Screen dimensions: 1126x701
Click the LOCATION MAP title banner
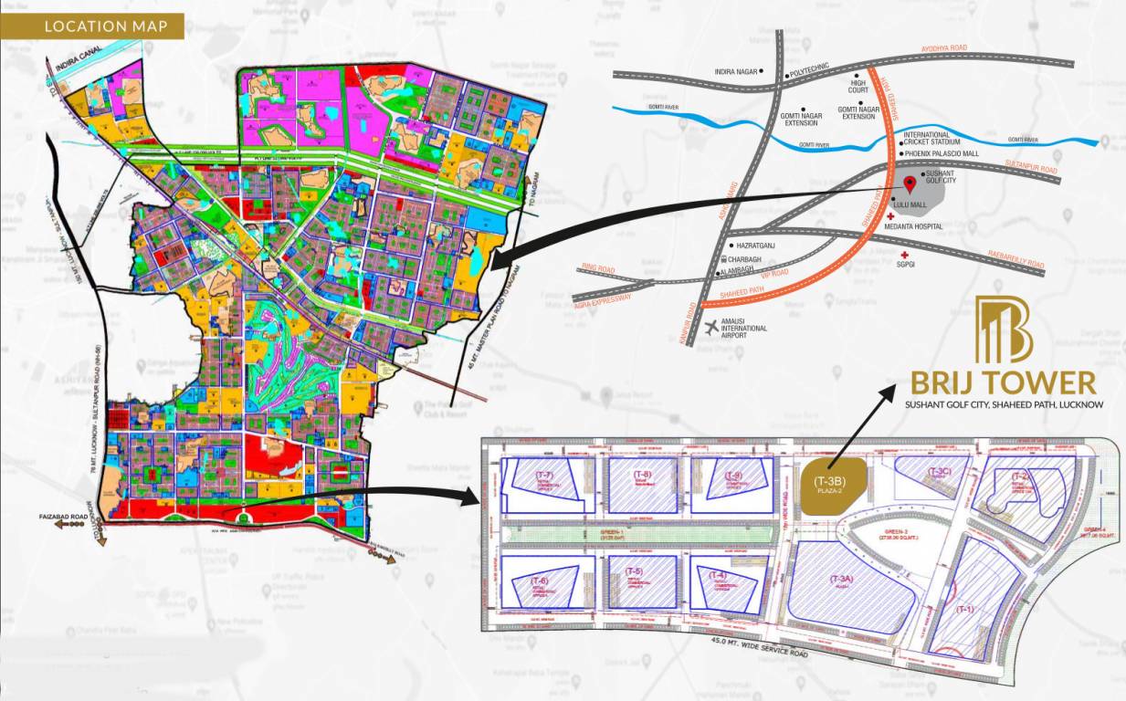pyautogui.click(x=106, y=26)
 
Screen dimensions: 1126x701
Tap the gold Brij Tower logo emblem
pyautogui.click(x=1003, y=330)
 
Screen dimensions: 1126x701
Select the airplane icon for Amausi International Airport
pyautogui.click(x=713, y=327)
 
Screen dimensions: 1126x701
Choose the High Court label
pyautogui.click(x=858, y=85)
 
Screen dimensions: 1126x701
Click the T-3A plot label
pyautogui.click(x=840, y=580)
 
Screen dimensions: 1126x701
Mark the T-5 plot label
pyautogui.click(x=635, y=571)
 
